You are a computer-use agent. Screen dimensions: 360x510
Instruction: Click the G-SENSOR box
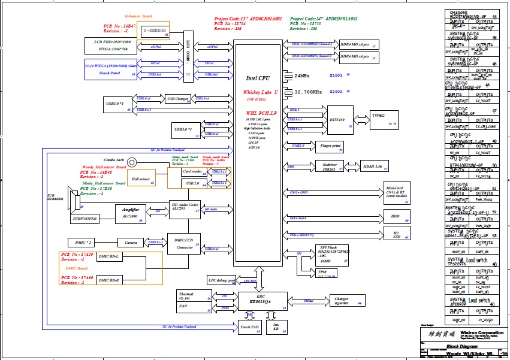(x=155, y=31)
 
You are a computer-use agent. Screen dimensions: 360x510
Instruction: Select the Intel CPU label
(x=258, y=78)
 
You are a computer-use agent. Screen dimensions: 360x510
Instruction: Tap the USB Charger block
(x=178, y=99)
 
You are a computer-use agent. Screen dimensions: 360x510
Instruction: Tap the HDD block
(x=395, y=217)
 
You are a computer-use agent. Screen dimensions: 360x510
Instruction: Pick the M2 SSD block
(x=395, y=234)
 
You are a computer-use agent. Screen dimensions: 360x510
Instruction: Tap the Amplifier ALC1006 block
(x=131, y=212)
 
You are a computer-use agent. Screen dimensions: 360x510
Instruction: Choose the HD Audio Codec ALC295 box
(x=185, y=207)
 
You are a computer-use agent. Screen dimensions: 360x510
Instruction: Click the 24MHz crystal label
(x=302, y=76)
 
